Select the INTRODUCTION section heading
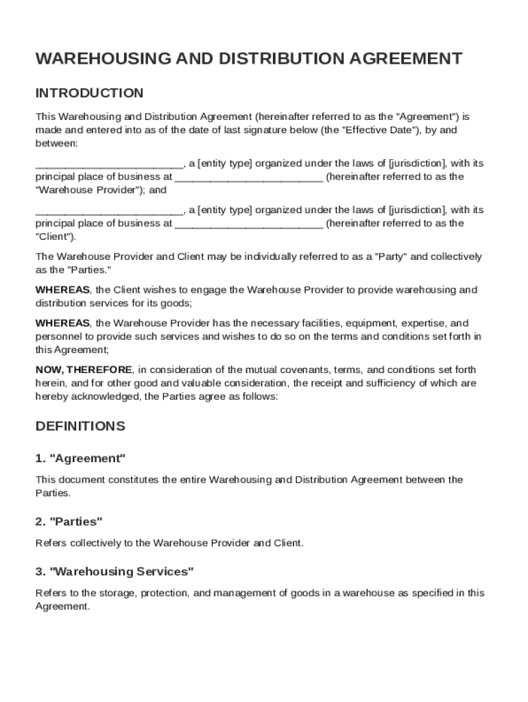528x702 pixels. click(89, 93)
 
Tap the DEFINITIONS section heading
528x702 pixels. click(80, 426)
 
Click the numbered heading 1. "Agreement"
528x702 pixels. click(80, 458)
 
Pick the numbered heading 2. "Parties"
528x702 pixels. click(69, 522)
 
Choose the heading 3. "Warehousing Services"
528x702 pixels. click(115, 571)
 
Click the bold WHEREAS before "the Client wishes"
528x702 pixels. click(62, 290)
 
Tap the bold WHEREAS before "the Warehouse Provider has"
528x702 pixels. click(62, 323)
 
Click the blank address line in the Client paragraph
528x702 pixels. click(249, 223)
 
